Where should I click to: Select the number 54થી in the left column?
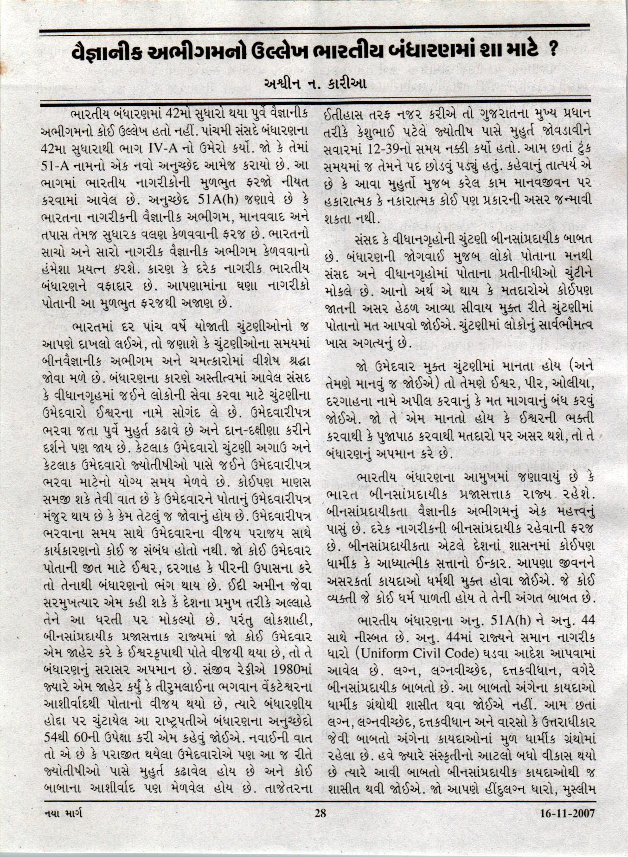(x=55, y=736)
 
